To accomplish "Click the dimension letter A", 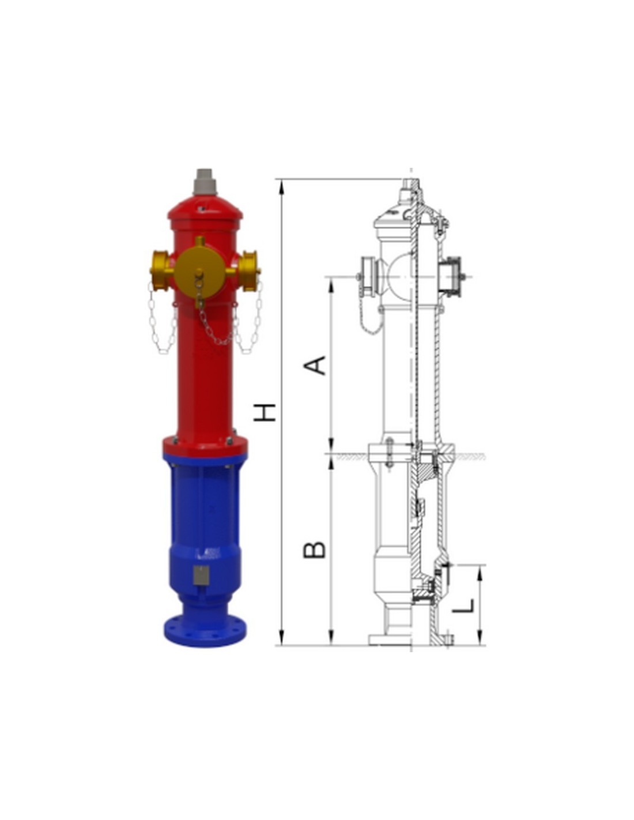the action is (315, 365).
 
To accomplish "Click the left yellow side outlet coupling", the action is (161, 270).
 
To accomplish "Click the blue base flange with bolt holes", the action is (205, 633).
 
